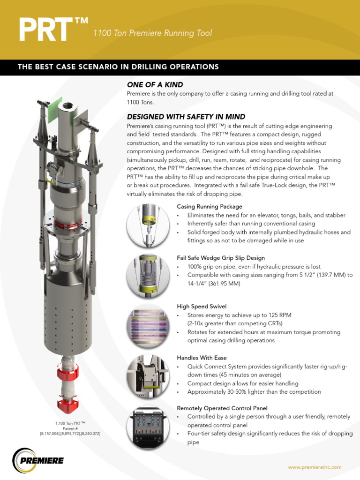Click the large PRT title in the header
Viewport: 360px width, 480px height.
coord(48,29)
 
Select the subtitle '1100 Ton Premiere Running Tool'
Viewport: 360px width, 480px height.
coord(153,33)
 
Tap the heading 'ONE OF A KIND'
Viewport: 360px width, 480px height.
coord(155,84)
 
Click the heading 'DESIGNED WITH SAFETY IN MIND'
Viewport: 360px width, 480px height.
coord(186,116)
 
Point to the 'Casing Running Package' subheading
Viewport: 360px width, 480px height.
coord(210,207)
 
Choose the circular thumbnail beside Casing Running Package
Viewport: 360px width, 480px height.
coord(148,226)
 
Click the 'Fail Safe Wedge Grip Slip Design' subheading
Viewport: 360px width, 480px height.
coord(221,258)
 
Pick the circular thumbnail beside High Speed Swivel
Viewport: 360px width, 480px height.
coord(148,326)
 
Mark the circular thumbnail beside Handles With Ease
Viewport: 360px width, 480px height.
coord(148,376)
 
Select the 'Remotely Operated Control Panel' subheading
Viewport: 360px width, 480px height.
coord(222,408)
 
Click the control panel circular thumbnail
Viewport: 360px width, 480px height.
coord(148,427)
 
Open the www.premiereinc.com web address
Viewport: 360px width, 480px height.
coord(315,467)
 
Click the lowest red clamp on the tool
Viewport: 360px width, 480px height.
coord(68,404)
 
